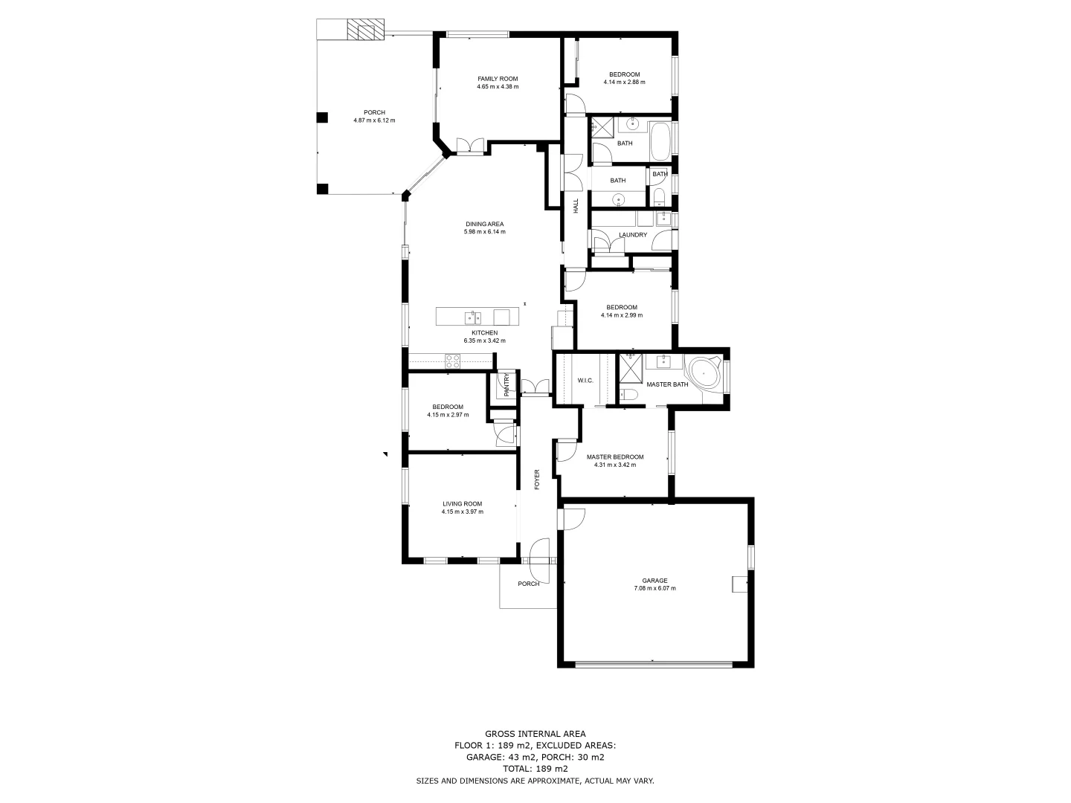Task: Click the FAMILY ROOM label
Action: click(x=498, y=79)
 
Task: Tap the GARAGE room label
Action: click(x=654, y=581)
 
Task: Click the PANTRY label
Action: click(x=506, y=385)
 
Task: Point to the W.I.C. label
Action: click(x=585, y=381)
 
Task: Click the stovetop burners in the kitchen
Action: click(x=452, y=361)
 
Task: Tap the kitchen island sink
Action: click(x=472, y=317)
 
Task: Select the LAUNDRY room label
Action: click(x=632, y=235)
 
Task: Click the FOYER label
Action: click(x=537, y=480)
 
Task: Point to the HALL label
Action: click(x=576, y=206)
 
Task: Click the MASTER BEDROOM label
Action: click(x=615, y=457)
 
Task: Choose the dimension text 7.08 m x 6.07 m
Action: click(x=654, y=588)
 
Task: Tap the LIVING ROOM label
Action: click(x=462, y=504)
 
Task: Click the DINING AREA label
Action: click(x=484, y=224)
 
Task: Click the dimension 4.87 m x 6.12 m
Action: click(x=374, y=120)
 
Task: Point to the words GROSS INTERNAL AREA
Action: click(x=535, y=734)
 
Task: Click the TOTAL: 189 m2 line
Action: click(x=535, y=769)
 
